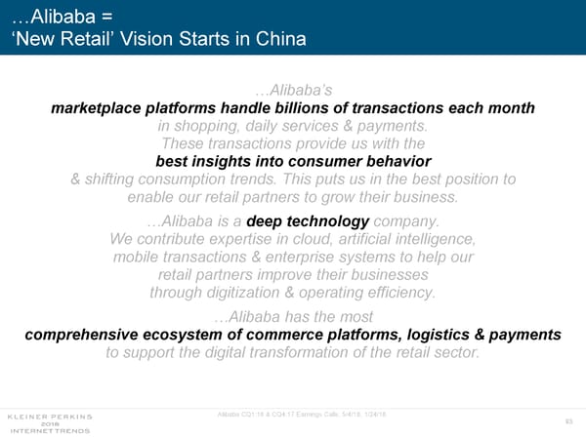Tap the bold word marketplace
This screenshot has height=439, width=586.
click(96, 108)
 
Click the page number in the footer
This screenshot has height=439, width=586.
click(568, 421)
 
